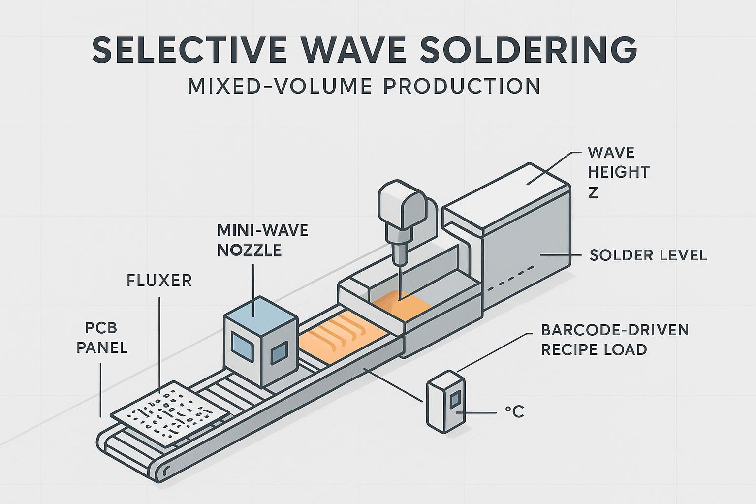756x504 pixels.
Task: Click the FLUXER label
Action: [x=159, y=281]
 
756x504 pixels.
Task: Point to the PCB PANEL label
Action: [x=102, y=338]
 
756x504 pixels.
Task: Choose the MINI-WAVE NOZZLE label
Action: [x=262, y=240]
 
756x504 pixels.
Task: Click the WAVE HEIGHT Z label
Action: [x=618, y=172]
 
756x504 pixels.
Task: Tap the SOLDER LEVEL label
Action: [x=648, y=255]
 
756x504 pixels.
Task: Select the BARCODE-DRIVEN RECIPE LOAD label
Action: [x=614, y=340]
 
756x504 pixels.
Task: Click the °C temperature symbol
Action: [x=514, y=411]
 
